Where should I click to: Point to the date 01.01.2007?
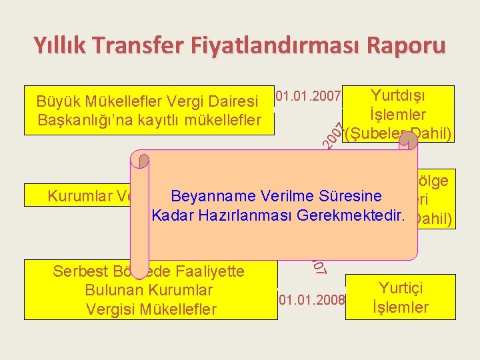pyautogui.click(x=309, y=97)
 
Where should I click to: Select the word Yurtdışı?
pyautogui.click(x=399, y=96)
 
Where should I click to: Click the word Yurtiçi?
pyautogui.click(x=400, y=289)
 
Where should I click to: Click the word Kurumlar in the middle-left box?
pyautogui.click(x=74, y=197)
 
